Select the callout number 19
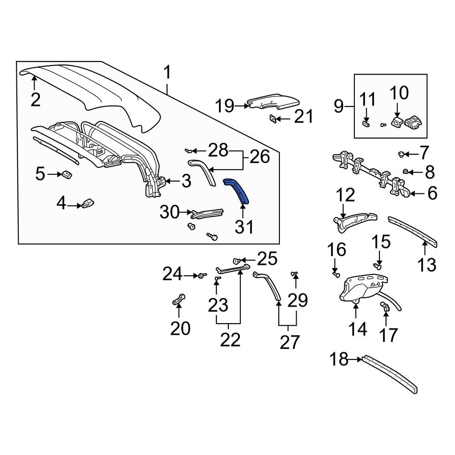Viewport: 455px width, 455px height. point(225,106)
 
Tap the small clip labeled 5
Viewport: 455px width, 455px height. point(66,174)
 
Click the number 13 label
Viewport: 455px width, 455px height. point(427,265)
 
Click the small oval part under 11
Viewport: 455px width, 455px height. point(366,124)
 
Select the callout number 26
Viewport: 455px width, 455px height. point(259,157)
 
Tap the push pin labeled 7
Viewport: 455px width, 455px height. point(402,154)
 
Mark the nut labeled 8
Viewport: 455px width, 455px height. point(406,172)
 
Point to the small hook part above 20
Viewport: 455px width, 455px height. point(178,299)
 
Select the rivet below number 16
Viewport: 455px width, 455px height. point(336,274)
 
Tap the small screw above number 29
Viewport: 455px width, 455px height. point(295,273)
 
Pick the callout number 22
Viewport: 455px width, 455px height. point(230,339)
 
